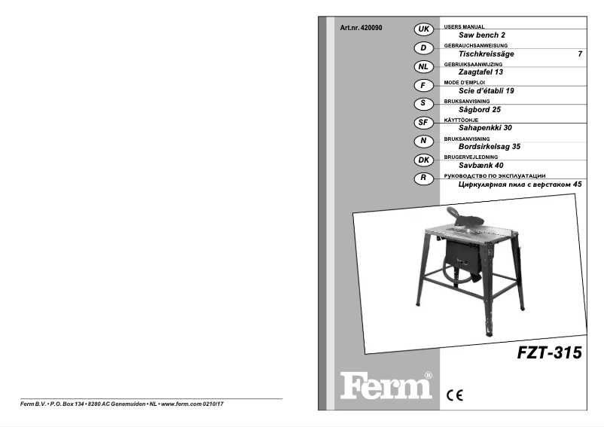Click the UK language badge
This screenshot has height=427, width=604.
coord(424,29)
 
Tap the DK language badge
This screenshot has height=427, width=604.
coord(424,160)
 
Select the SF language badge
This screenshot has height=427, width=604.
coord(424,122)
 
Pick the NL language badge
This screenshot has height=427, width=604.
coord(424,66)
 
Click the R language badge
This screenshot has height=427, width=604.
coord(424,178)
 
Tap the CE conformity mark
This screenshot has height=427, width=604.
coord(455,392)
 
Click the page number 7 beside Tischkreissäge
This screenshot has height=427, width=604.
coord(579,54)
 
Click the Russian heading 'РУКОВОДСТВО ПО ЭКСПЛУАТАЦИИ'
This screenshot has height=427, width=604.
coord(496,175)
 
